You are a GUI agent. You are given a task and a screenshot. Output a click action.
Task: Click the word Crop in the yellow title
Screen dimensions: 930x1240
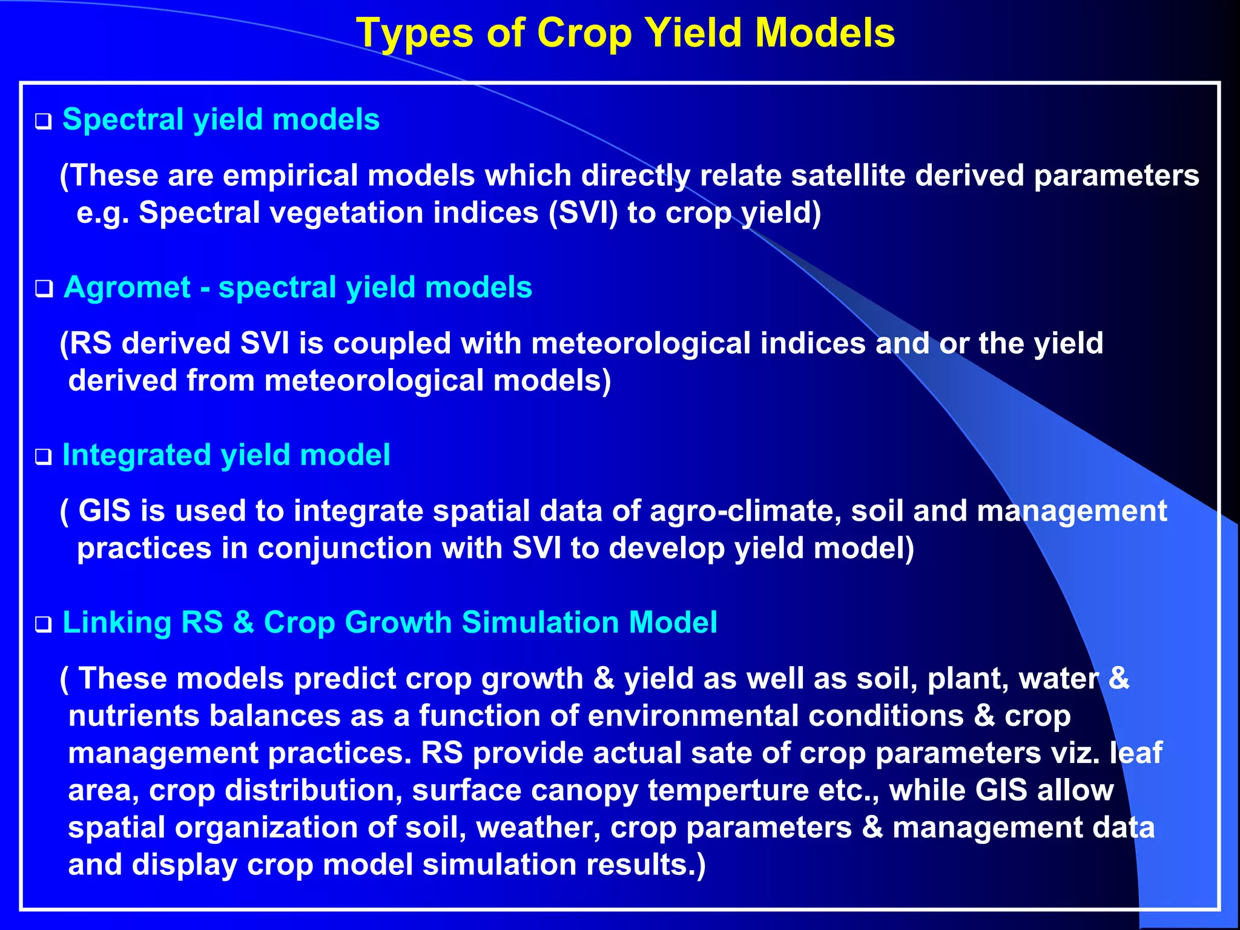(584, 33)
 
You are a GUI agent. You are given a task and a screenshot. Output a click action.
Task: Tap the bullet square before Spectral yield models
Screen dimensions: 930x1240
(43, 122)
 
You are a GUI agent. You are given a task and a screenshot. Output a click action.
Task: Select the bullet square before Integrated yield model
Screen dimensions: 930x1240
(43, 457)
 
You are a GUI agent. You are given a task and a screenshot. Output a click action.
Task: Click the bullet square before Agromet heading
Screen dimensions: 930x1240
(43, 289)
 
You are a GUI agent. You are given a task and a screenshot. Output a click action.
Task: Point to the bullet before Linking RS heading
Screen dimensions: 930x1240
(43, 625)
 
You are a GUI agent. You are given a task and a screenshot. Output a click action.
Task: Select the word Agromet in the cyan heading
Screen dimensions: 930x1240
(128, 287)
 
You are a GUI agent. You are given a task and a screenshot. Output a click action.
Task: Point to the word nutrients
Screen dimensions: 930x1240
(133, 716)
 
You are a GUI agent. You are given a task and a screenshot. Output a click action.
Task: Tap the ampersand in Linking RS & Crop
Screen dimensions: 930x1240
(243, 622)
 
